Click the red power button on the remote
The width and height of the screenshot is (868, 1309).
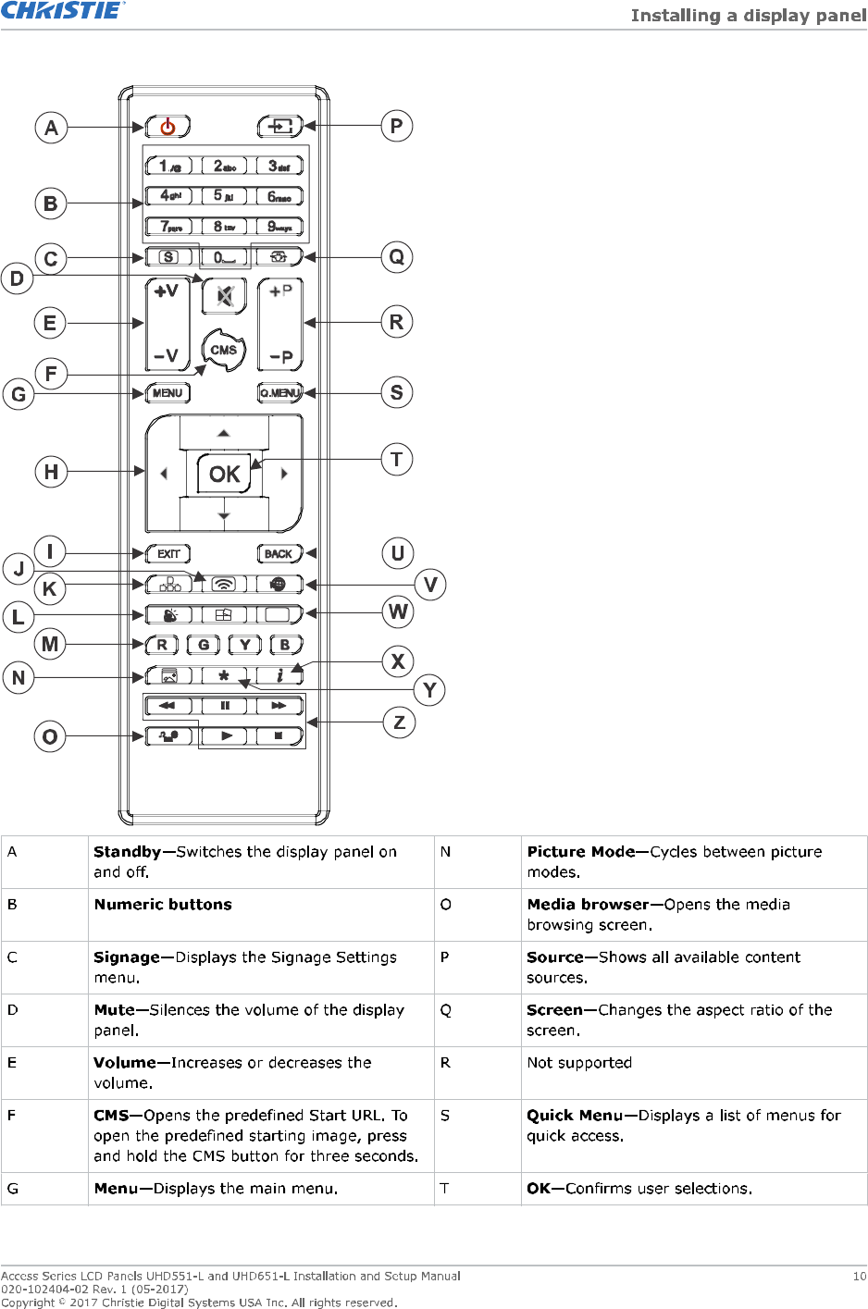click(x=167, y=126)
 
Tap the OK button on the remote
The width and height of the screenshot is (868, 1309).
click(x=224, y=474)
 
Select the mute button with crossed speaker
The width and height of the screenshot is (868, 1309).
click(x=224, y=296)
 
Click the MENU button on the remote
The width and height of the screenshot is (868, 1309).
click(x=167, y=393)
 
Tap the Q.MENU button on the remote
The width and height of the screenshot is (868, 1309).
click(x=279, y=393)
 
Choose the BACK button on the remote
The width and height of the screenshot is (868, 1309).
click(x=279, y=553)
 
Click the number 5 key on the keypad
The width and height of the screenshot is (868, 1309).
click(x=224, y=196)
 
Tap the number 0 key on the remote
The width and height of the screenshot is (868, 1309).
click(x=224, y=257)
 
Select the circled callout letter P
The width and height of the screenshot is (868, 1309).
click(x=396, y=126)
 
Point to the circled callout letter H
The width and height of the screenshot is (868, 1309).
click(x=51, y=472)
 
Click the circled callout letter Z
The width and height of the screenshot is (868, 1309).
click(x=399, y=722)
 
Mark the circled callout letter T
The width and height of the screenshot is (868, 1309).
click(x=396, y=459)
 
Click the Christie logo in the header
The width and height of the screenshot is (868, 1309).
click(x=62, y=11)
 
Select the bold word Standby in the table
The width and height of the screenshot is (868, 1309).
click(x=128, y=852)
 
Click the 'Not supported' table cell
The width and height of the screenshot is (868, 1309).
click(x=579, y=1063)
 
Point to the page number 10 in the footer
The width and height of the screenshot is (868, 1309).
click(x=859, y=1277)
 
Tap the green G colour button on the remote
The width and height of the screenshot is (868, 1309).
click(x=204, y=645)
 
